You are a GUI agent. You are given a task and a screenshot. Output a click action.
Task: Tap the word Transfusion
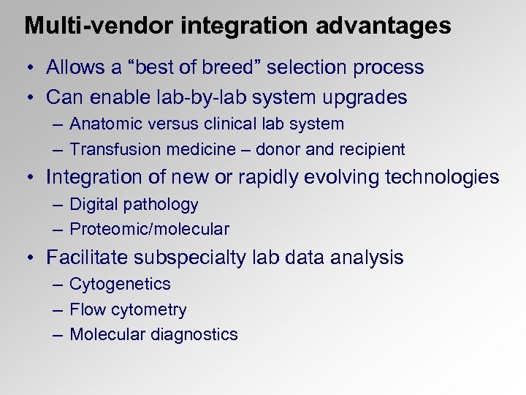[111, 149]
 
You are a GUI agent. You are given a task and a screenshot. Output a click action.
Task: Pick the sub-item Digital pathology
[134, 205]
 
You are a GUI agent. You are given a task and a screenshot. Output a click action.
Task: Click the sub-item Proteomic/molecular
[149, 230]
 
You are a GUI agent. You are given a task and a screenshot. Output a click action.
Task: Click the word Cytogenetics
[120, 285]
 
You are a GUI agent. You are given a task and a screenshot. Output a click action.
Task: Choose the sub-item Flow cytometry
[128, 310]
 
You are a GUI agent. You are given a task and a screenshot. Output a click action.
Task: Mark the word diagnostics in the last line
[194, 335]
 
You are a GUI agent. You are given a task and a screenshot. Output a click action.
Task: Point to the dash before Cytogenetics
[58, 285]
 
